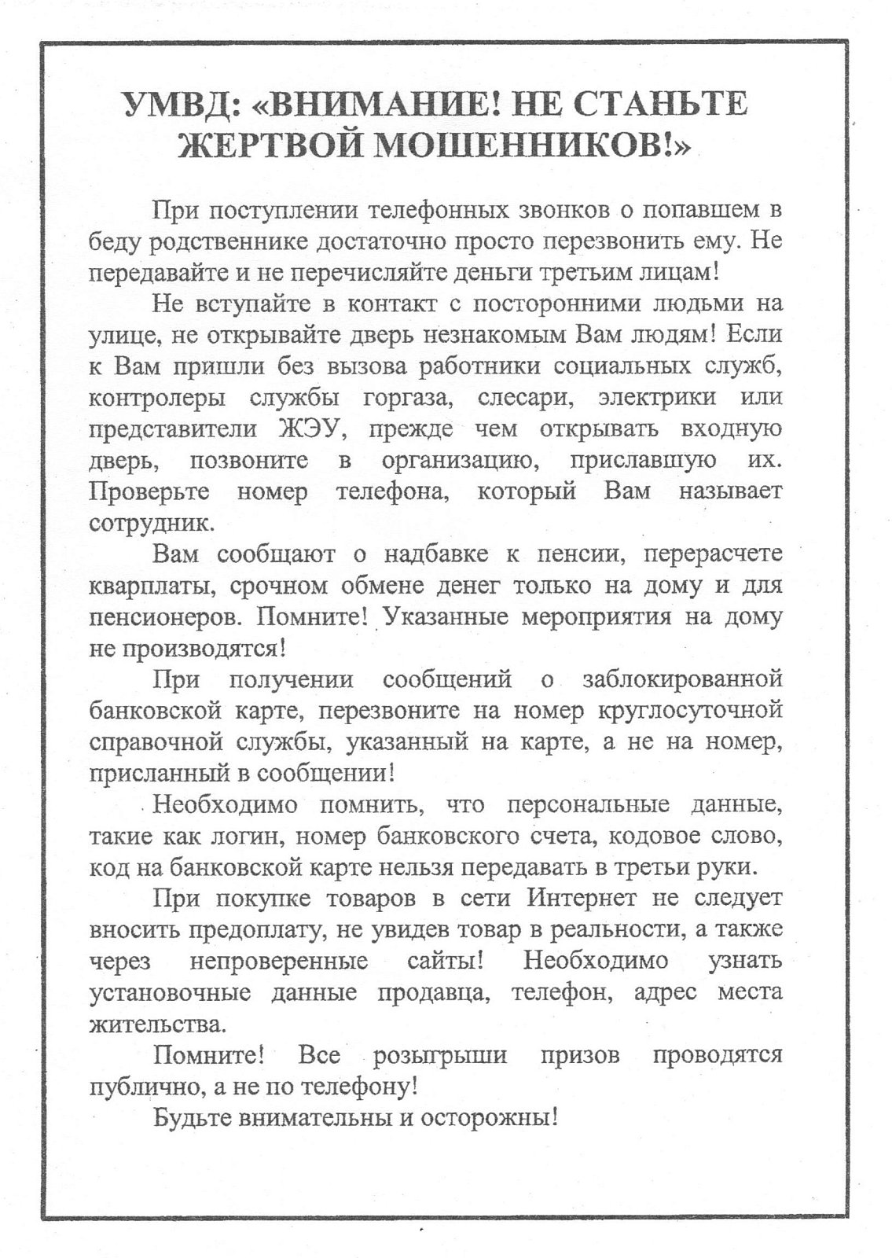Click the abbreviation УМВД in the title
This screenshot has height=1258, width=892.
(x=170, y=105)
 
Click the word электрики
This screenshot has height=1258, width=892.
(x=657, y=398)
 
